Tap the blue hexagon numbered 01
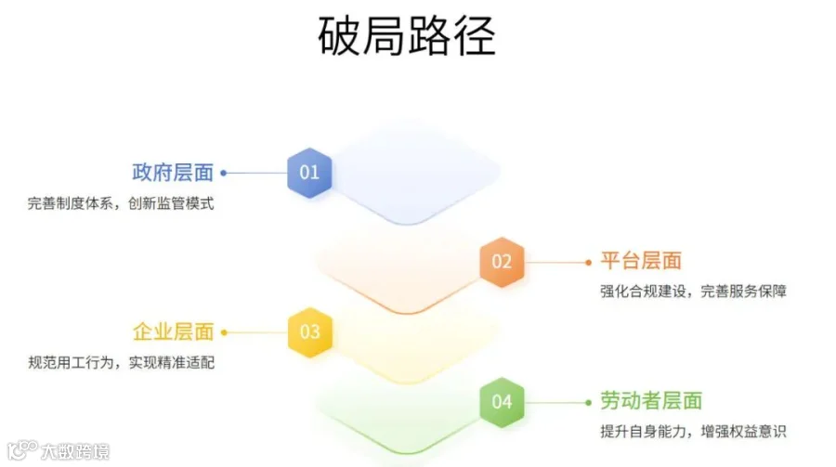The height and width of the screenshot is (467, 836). [309, 172]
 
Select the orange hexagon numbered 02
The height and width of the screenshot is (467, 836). [502, 261]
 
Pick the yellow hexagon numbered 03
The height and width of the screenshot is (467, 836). [309, 331]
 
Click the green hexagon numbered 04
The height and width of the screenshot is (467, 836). [502, 401]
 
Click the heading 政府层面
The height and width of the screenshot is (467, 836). [173, 173]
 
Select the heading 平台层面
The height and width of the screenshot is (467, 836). [641, 261]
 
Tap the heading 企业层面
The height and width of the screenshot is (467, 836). [173, 331]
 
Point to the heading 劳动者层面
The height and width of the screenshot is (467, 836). [651, 401]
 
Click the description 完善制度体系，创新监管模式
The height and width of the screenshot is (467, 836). [121, 203]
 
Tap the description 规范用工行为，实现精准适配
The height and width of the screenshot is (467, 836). [121, 362]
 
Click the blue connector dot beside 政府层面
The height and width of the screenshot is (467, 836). [224, 173]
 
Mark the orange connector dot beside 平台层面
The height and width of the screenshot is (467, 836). [588, 262]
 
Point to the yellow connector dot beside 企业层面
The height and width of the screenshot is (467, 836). [224, 331]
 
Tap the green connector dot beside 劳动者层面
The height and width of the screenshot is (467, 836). [588, 402]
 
